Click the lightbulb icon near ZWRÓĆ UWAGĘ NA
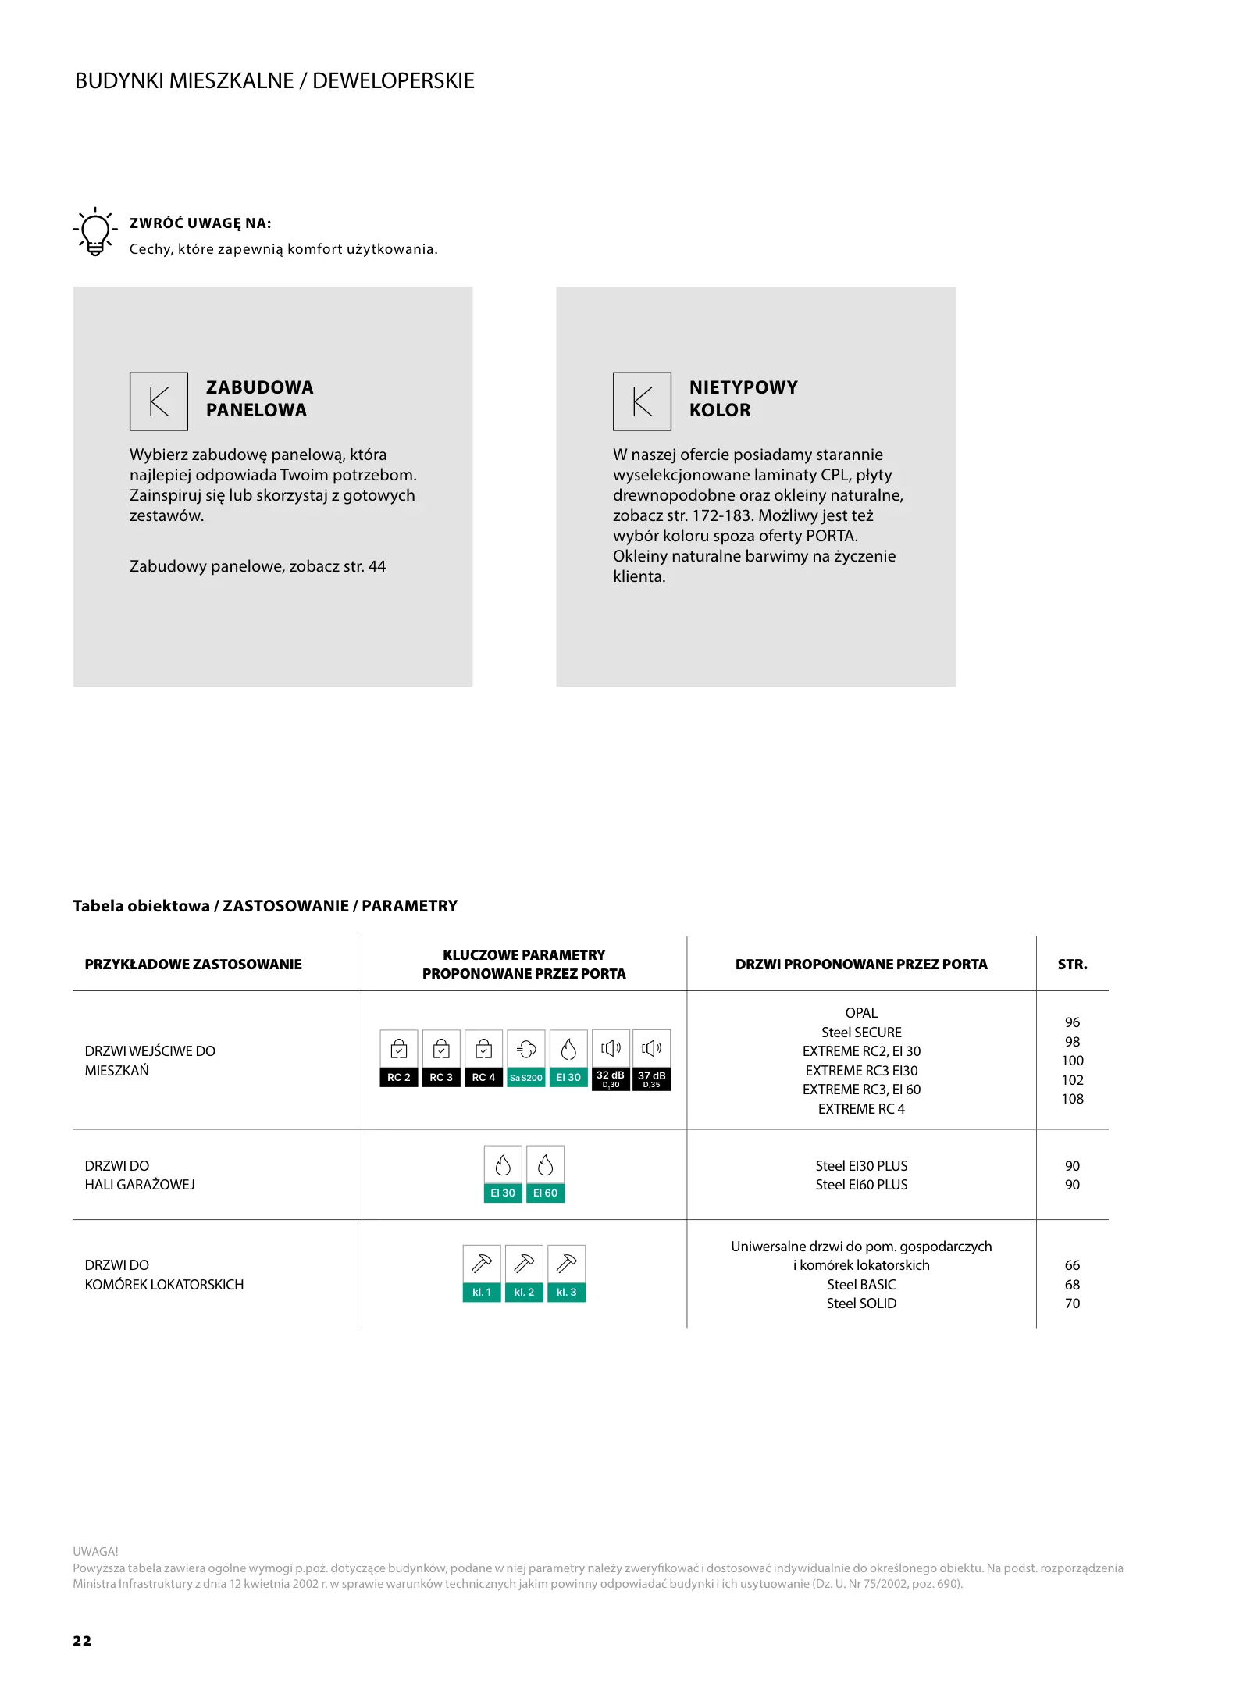(94, 232)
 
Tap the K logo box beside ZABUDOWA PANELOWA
(159, 401)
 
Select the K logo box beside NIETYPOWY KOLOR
(642, 401)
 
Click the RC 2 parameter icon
(399, 1059)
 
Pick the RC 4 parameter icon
(483, 1059)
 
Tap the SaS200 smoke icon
(526, 1059)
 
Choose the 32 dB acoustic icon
(611, 1059)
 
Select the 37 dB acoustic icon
(652, 1059)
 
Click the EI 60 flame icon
(546, 1175)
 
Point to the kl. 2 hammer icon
(524, 1273)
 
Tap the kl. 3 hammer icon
(567, 1273)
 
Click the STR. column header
(1072, 965)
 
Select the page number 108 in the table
(1072, 1099)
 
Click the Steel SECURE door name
(861, 1033)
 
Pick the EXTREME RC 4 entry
(861, 1109)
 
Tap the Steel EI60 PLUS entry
(861, 1185)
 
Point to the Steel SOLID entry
(861, 1304)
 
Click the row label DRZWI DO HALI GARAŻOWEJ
(140, 1175)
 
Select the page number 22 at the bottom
(82, 1641)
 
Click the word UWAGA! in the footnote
(95, 1552)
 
